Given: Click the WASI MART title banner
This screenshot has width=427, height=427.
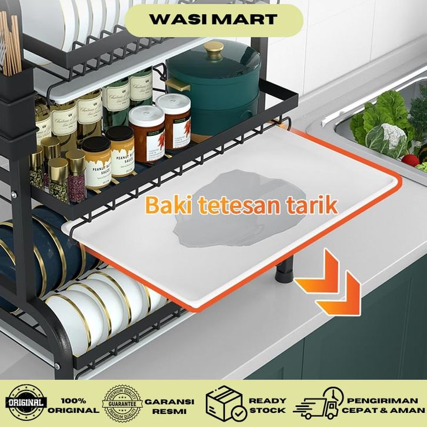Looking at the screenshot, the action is [x=213, y=19].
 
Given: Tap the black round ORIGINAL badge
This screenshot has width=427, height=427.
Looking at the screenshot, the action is [x=26, y=403].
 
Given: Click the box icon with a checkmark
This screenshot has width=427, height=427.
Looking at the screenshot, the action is [x=224, y=404].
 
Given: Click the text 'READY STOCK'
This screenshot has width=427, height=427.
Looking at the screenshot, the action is [x=268, y=404].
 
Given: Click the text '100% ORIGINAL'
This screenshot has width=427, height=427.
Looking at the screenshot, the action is [x=74, y=404].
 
